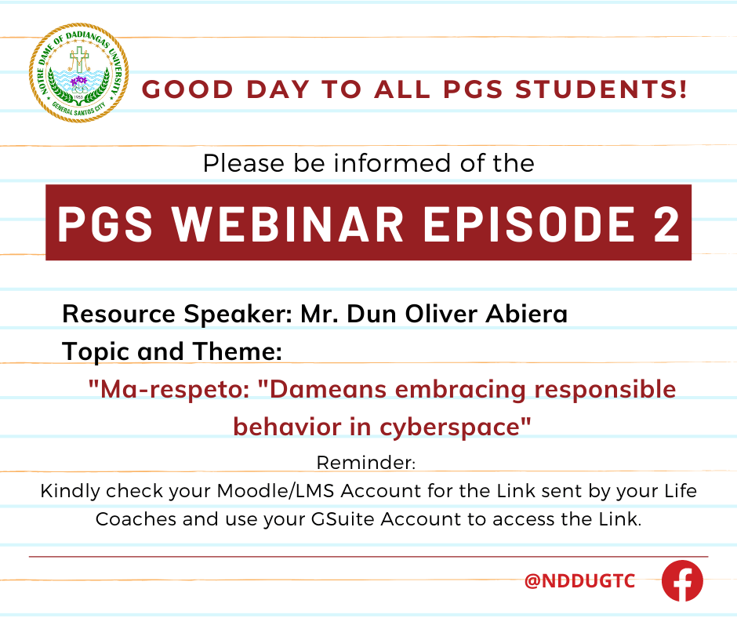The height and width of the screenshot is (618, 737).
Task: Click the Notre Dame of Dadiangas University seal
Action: (x=79, y=73)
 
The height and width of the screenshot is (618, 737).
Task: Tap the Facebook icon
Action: (x=682, y=580)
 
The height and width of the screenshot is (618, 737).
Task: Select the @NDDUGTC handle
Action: (x=579, y=581)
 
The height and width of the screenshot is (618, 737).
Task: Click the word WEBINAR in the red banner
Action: (x=288, y=224)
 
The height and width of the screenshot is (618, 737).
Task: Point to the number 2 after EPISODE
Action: (x=666, y=224)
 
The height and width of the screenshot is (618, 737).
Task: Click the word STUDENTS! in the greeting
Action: (x=601, y=89)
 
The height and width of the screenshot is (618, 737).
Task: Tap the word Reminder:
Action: (x=366, y=463)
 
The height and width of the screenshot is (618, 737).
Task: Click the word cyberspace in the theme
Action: (x=455, y=428)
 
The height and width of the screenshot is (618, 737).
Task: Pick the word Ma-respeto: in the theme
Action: (x=169, y=390)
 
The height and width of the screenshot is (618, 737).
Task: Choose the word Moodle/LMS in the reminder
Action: (x=275, y=491)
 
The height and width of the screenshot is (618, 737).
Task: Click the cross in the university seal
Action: (x=79, y=60)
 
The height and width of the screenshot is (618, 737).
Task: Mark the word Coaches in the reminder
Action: (x=136, y=519)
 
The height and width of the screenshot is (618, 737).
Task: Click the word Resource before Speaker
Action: (x=119, y=314)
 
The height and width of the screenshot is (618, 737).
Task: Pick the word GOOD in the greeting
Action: (x=187, y=89)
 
